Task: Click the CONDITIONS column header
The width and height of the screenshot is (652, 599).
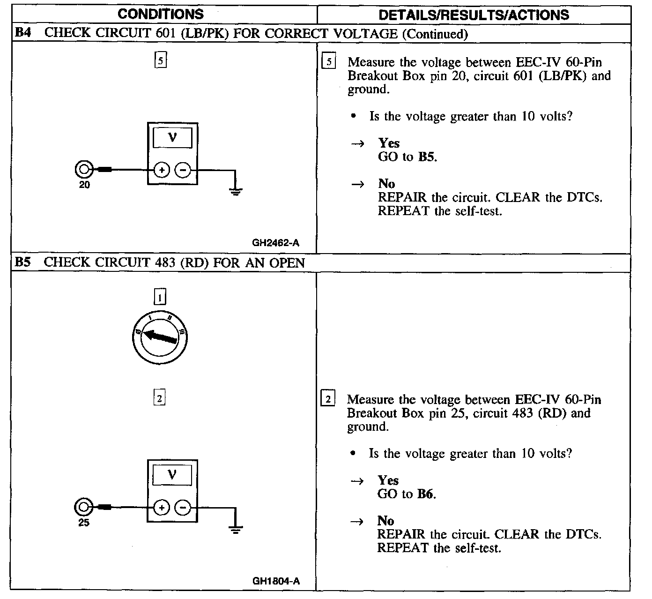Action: tap(161, 14)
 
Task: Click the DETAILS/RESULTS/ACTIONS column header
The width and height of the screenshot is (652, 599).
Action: tap(474, 15)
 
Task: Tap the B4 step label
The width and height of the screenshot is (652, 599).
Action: tap(23, 33)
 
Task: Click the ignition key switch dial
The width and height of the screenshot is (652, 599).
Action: tap(160, 337)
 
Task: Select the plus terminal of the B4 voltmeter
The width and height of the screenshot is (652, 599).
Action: tap(161, 171)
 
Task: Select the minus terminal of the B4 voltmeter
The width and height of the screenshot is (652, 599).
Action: tap(183, 171)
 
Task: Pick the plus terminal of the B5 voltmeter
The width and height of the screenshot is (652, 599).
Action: tap(161, 508)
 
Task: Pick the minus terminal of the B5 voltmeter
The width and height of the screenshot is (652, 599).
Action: tap(183, 508)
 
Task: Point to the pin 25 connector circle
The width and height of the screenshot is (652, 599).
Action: tap(83, 507)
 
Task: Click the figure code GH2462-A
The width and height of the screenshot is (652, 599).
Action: tap(276, 243)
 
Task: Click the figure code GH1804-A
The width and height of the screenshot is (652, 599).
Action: tap(276, 581)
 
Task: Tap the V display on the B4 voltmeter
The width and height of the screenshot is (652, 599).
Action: tap(172, 137)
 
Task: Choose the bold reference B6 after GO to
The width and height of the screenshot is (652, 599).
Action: tap(425, 494)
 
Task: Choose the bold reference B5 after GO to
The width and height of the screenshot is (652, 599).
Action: tap(426, 157)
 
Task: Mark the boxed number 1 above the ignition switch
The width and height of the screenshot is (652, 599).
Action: tap(160, 297)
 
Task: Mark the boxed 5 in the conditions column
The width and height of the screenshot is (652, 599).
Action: tap(161, 60)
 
